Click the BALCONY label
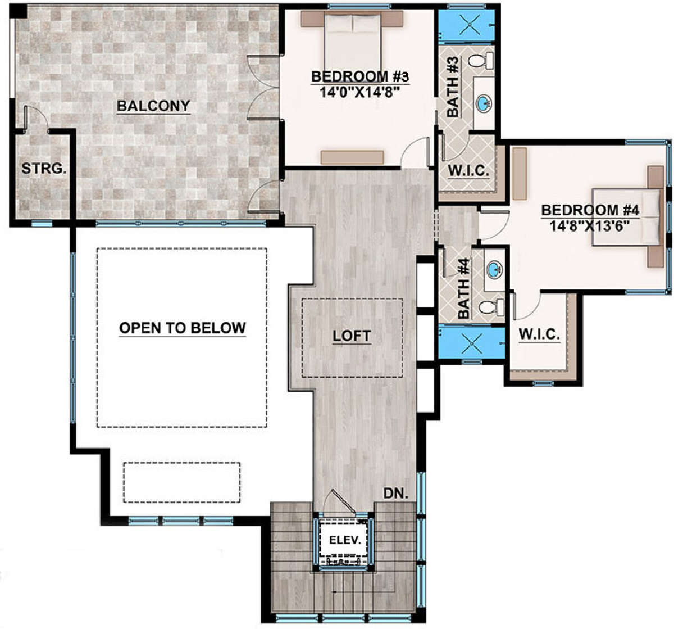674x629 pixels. click(153, 106)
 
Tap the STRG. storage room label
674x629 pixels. click(44, 168)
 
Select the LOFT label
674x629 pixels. click(352, 336)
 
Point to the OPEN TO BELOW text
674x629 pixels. click(183, 328)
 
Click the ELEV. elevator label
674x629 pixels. click(345, 540)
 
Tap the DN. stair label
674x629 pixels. click(396, 494)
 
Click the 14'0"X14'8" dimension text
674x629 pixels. click(359, 92)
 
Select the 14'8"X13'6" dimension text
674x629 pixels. click(590, 226)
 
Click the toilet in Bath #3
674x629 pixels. click(481, 61)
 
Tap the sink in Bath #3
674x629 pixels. click(484, 103)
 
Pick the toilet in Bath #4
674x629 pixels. click(491, 307)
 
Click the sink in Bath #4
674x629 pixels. click(494, 270)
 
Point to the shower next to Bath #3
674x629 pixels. click(467, 25)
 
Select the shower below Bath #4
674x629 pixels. click(472, 343)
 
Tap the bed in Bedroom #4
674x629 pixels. click(627, 217)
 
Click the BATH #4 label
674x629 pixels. click(463, 288)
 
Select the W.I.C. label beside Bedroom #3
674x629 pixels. click(468, 170)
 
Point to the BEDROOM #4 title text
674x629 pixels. click(590, 210)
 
